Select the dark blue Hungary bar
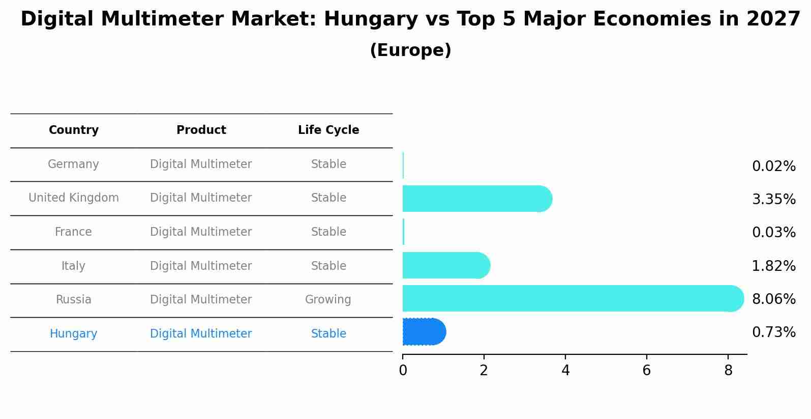pyautogui.click(x=424, y=332)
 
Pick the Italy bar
pyautogui.click(x=445, y=265)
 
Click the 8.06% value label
pyautogui.click(x=773, y=299)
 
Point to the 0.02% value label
pyautogui.click(x=773, y=166)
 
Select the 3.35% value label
pyautogui.click(x=773, y=200)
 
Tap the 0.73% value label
pyautogui.click(x=773, y=332)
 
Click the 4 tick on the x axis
pyautogui.click(x=565, y=371)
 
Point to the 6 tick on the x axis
pyautogui.click(x=647, y=371)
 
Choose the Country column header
pyautogui.click(x=74, y=130)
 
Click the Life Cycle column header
pyautogui.click(x=328, y=130)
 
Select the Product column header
pyautogui.click(x=201, y=130)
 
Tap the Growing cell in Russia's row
pyautogui.click(x=328, y=300)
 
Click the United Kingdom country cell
pyautogui.click(x=74, y=198)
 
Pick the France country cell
pyautogui.click(x=73, y=232)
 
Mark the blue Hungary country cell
pyautogui.click(x=73, y=334)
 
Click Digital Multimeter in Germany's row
pyautogui.click(x=201, y=164)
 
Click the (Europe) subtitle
pyautogui.click(x=410, y=50)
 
